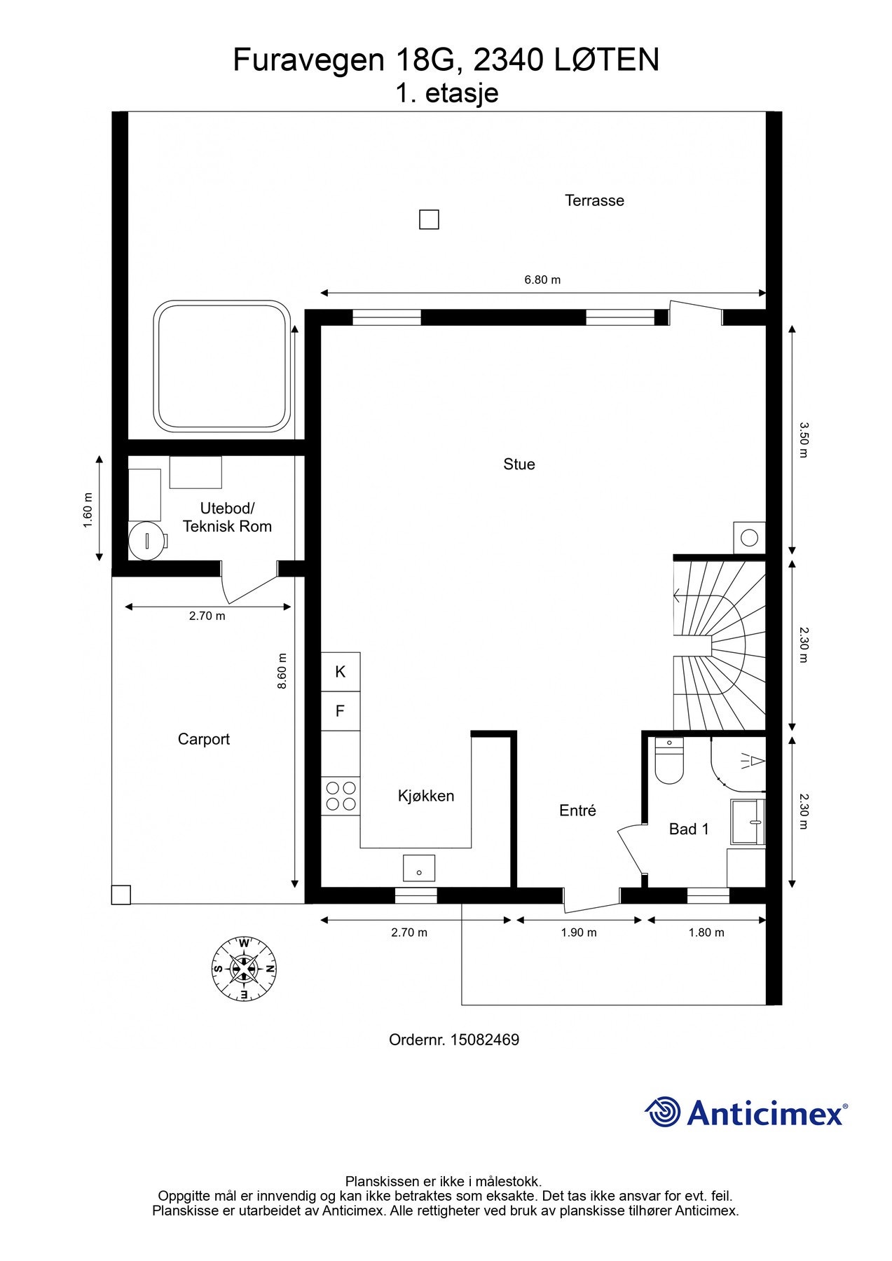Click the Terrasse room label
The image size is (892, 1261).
[594, 200]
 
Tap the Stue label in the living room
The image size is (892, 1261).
[519, 464]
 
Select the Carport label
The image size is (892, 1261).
[203, 739]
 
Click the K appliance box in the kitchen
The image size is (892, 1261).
[341, 672]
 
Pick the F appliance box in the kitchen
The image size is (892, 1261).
[341, 712]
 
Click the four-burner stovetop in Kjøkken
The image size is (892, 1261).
[341, 797]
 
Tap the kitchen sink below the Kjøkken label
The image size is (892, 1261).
[419, 868]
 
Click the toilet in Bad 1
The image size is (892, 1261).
[669, 761]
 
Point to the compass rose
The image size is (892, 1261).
[244, 970]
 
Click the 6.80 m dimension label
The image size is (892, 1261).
[543, 280]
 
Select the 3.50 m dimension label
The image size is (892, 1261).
[804, 439]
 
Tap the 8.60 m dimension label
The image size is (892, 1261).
[282, 671]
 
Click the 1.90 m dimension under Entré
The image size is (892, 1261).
[579, 932]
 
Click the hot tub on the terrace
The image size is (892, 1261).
[223, 367]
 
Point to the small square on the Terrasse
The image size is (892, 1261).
[429, 220]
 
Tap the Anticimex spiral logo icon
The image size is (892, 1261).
[662, 1112]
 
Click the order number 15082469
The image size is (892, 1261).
[484, 1040]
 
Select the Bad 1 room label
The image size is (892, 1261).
[689, 829]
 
